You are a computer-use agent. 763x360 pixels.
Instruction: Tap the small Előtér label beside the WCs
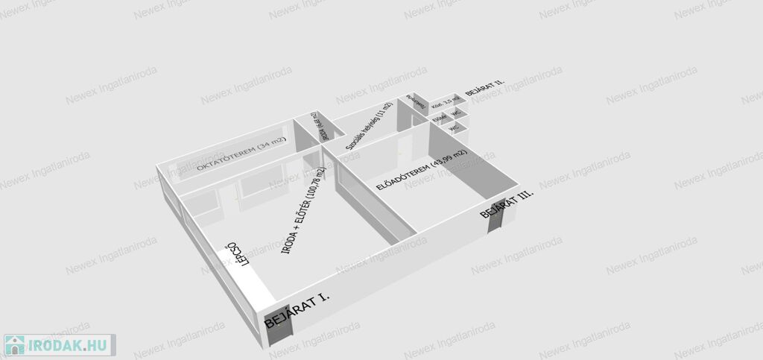(x=440, y=117)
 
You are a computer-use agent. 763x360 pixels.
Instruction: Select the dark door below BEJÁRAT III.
(x=493, y=217)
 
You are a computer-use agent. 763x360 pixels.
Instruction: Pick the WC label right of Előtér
(x=456, y=113)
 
